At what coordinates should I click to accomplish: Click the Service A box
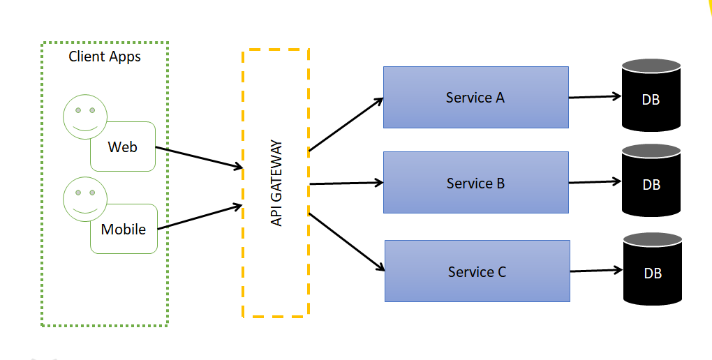(x=475, y=98)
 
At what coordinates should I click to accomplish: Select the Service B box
(x=475, y=183)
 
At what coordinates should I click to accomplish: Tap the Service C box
(x=477, y=271)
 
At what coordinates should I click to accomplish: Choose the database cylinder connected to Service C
(x=652, y=270)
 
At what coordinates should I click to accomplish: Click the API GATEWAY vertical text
(x=276, y=183)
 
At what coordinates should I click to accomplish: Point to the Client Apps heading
(x=105, y=57)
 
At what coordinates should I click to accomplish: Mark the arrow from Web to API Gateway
(x=198, y=158)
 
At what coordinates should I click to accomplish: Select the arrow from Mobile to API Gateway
(x=200, y=216)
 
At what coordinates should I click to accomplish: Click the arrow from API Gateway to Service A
(x=346, y=123)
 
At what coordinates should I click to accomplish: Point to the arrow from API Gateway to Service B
(x=346, y=183)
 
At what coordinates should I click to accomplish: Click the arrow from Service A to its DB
(x=595, y=97)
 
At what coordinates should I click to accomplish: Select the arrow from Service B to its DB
(x=595, y=182)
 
